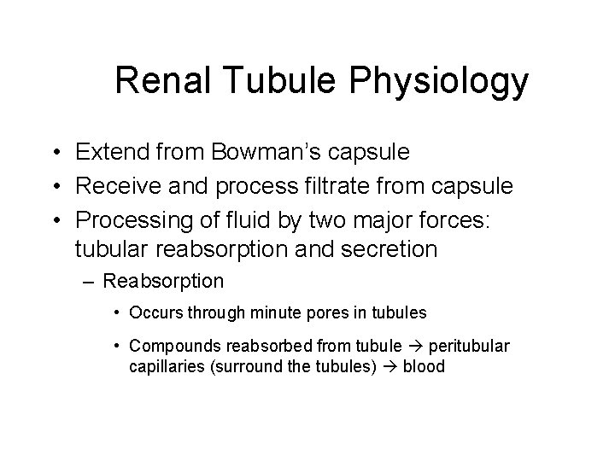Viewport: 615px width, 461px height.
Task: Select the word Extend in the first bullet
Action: point(108,152)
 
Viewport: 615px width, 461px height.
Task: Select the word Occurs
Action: point(156,313)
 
